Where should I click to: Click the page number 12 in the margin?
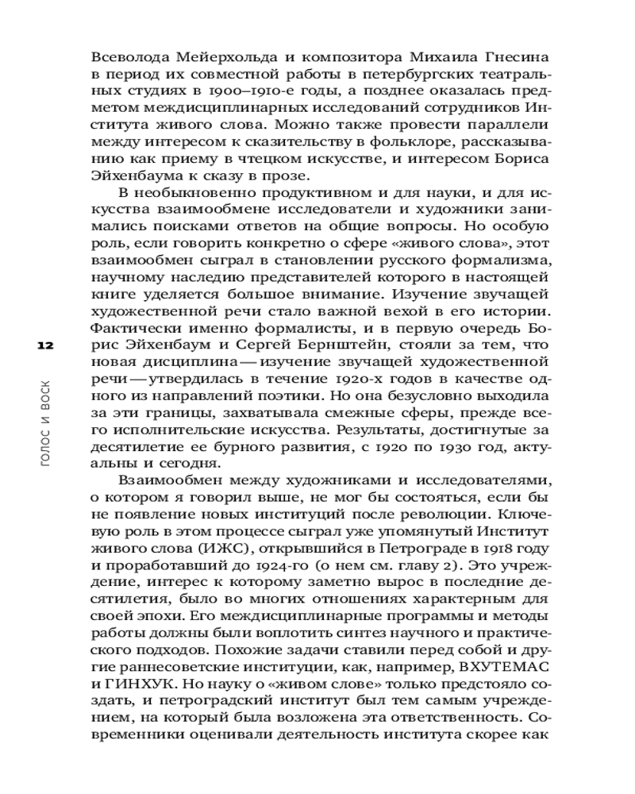pyautogui.click(x=44, y=346)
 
